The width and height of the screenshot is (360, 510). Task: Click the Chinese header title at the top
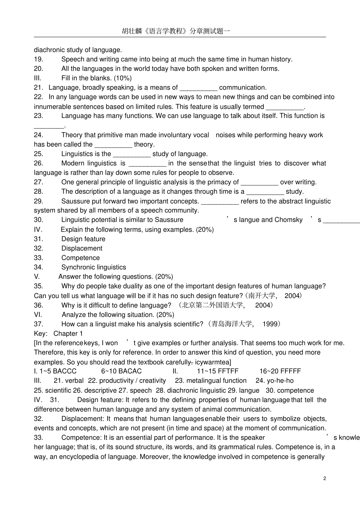pos(176,31)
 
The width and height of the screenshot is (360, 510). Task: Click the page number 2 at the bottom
pos(325,478)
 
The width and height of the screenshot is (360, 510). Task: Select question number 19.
pos(38,59)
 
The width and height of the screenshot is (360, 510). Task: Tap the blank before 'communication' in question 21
pos(198,88)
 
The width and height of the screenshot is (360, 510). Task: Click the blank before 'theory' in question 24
pos(113,144)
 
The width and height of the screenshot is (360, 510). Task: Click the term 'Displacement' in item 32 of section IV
pos(82,248)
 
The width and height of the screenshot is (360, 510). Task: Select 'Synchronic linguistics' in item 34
pos(94,267)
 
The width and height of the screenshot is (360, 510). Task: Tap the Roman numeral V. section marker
pos(36,277)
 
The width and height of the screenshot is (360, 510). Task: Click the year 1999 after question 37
pos(270,324)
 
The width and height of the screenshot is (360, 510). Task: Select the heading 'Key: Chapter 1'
pos(58,334)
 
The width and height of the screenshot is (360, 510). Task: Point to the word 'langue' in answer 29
pos(249,391)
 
